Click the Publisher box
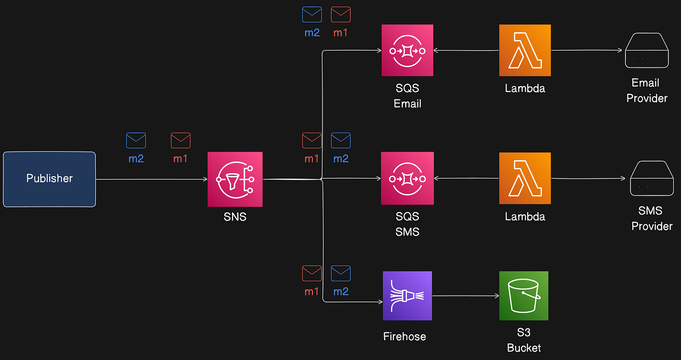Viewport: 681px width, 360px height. [49, 179]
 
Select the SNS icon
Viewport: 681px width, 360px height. [235, 179]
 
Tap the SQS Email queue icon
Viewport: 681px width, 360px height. [407, 51]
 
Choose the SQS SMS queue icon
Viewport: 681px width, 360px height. [407, 179]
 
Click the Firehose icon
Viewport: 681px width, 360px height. [407, 296]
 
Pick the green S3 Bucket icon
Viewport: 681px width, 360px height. [523, 296]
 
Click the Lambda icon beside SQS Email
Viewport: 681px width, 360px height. [525, 51]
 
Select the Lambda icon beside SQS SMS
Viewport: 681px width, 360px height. [525, 179]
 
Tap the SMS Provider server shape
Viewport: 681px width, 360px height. [652, 179]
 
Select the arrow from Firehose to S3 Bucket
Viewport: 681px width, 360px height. [466, 296]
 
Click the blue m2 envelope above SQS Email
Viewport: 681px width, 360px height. [312, 15]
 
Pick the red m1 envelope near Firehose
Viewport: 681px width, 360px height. [312, 273]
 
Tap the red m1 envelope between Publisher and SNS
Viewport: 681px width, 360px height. [180, 141]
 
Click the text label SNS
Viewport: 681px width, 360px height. [235, 217]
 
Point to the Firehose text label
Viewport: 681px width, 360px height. [404, 337]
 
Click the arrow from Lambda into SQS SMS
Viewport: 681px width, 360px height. [466, 179]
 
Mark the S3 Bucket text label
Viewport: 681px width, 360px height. [524, 341]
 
